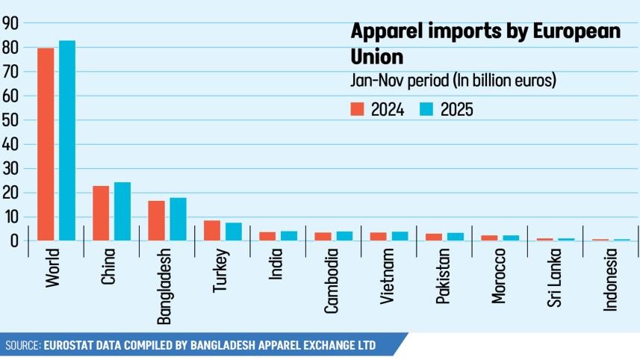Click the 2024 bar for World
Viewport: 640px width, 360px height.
tap(46, 144)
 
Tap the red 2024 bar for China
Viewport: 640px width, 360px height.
tap(101, 213)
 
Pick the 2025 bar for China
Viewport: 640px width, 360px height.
tap(122, 211)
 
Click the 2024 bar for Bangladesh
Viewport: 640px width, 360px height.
tap(156, 220)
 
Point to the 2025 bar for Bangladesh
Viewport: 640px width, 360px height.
tap(178, 219)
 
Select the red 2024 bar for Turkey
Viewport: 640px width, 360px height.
tap(212, 230)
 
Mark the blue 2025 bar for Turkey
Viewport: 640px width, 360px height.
tap(234, 232)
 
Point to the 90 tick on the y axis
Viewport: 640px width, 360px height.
tap(10, 23)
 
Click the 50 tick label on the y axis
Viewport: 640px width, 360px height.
tap(10, 120)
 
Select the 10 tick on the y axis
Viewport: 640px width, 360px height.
tap(10, 217)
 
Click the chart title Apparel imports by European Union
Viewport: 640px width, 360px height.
tap(485, 43)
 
